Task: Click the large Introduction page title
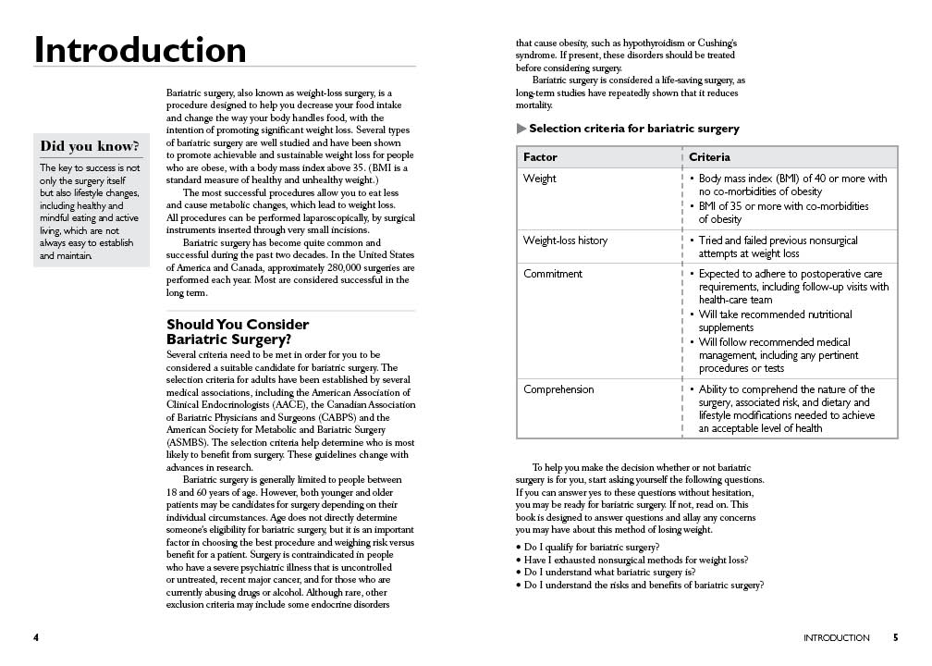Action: tap(141, 50)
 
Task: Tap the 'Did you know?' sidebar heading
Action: tap(91, 146)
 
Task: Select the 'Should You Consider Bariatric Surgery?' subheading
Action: tap(238, 331)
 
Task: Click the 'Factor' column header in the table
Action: tap(540, 157)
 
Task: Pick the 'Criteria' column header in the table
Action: tap(709, 157)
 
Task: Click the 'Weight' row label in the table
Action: tap(540, 179)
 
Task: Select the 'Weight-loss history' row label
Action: tap(565, 240)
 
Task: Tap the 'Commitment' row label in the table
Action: tap(553, 274)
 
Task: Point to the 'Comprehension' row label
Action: tap(558, 389)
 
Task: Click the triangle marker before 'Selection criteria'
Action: tap(521, 129)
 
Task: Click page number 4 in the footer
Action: tap(36, 637)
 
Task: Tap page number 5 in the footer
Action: tap(895, 637)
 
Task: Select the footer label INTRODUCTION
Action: tap(836, 637)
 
